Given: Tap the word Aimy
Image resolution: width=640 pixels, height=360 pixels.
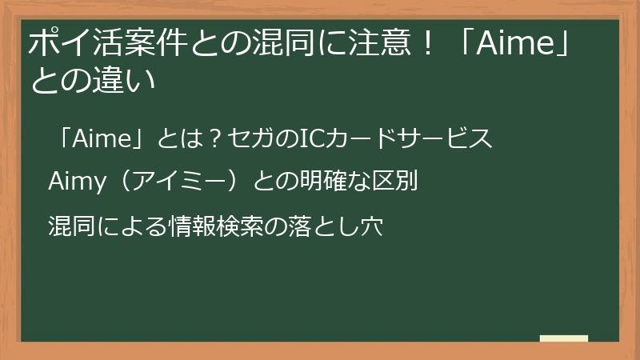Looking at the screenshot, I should pos(77,182).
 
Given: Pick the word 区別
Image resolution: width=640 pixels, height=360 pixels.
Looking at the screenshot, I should pos(397,182).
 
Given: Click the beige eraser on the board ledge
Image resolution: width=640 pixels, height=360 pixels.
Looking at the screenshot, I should pos(564,338).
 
